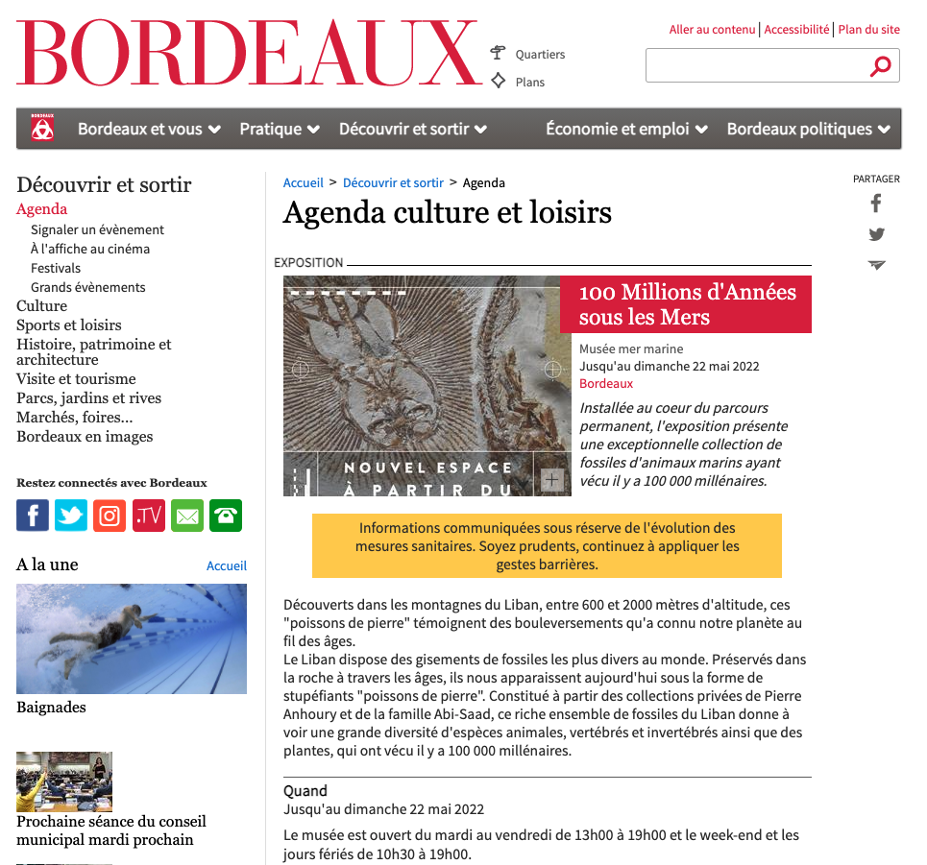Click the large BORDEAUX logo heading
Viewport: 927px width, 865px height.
[x=248, y=55]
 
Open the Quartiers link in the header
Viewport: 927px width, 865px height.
[x=540, y=55]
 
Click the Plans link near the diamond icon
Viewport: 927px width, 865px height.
[x=529, y=83]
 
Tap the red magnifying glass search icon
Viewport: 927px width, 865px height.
[x=880, y=66]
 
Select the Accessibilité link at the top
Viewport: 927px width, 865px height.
[x=796, y=30]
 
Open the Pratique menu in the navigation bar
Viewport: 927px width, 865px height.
[x=280, y=129]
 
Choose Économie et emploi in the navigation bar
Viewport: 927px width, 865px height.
[x=626, y=129]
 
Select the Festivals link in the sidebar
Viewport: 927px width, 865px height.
[x=56, y=268]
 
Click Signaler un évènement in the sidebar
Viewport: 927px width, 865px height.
[x=97, y=229]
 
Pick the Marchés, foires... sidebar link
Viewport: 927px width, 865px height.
[x=75, y=417]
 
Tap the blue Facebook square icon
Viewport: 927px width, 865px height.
[x=33, y=516]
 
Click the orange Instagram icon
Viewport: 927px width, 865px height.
[x=110, y=516]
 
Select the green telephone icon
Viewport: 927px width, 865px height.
[x=226, y=516]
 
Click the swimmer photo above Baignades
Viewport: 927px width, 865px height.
[x=132, y=638]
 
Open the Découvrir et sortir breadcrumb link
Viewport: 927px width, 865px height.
[x=393, y=182]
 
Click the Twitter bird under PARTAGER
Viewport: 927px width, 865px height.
[x=876, y=234]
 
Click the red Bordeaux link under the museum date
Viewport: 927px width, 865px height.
[x=606, y=383]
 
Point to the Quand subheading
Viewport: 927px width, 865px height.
[x=305, y=791]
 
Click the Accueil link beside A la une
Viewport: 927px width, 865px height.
[x=227, y=566]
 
